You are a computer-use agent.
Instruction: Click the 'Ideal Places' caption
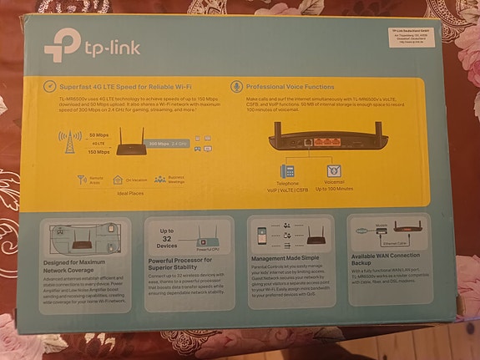point(132,193)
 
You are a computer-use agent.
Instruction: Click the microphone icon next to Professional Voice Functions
point(235,86)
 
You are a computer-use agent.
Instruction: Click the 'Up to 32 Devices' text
point(167,239)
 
